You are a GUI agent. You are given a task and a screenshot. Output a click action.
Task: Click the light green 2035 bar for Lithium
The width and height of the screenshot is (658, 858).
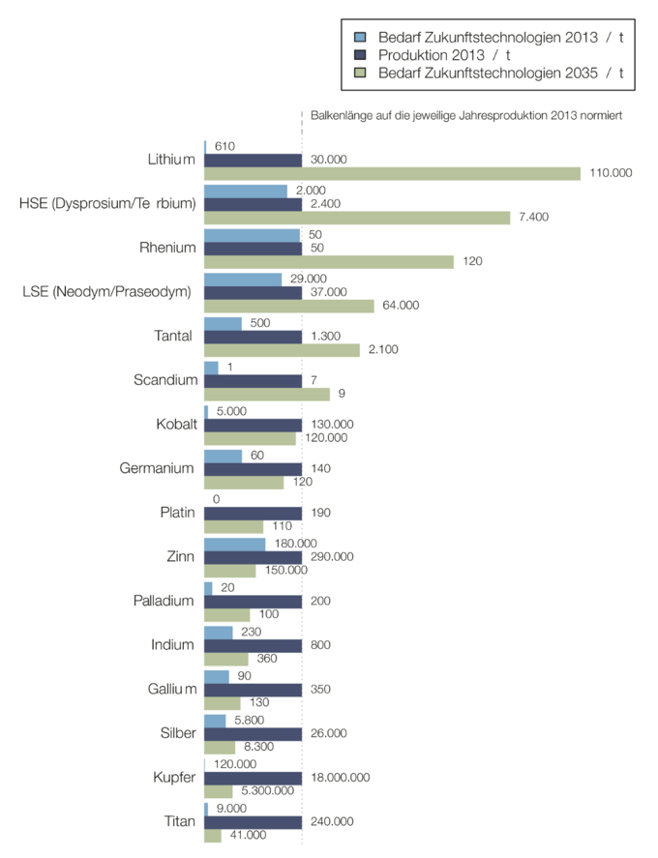click(392, 173)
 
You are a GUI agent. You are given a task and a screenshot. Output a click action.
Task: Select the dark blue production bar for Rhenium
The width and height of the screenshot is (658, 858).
click(253, 248)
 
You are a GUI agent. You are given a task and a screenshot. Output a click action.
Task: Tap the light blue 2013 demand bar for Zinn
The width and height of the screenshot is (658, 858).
click(235, 544)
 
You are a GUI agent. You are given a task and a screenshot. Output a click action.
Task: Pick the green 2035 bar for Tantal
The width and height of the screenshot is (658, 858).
click(282, 349)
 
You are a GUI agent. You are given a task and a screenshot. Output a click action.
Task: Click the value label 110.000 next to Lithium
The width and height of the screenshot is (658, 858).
click(610, 173)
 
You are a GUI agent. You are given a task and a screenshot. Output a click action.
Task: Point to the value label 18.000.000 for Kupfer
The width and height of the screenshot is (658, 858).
click(339, 778)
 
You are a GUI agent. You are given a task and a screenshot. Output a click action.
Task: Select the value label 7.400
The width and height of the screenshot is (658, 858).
click(533, 217)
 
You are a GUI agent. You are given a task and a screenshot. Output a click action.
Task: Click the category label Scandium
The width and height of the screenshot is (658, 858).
click(165, 379)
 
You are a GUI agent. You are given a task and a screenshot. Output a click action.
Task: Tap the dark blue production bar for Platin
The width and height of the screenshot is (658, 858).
click(253, 513)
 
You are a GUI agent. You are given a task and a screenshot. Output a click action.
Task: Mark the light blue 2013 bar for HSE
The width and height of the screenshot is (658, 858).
click(246, 191)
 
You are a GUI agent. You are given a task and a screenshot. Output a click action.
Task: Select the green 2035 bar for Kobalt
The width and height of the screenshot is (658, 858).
click(250, 438)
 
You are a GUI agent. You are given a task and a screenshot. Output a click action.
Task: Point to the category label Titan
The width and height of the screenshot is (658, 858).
click(180, 821)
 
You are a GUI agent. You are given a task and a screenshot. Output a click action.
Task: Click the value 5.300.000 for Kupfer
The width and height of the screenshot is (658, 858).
click(267, 791)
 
